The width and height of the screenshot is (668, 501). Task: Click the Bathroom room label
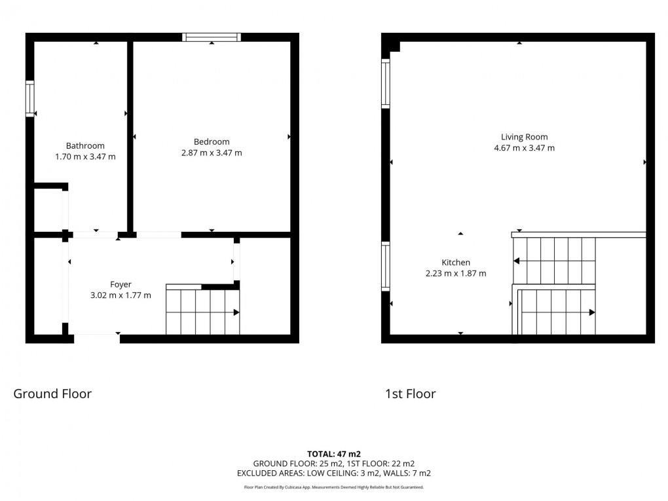pos(85,145)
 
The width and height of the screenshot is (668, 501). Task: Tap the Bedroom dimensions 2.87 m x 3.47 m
pos(212,153)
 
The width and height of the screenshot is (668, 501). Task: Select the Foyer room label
pos(121,284)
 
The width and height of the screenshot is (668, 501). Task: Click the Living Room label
pos(524,137)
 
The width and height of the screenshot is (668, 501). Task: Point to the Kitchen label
pos(455,263)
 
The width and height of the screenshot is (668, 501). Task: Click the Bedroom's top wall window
pos(212,37)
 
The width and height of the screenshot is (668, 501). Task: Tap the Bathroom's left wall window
pos(29,98)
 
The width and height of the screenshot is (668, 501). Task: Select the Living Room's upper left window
pos(386,83)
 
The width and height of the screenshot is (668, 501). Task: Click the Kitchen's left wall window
pos(386,265)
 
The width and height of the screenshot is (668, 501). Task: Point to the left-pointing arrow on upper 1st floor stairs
pos(517,261)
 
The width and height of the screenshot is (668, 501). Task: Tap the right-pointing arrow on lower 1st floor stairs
pos(592,312)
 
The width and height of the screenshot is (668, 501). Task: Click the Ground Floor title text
pos(52,394)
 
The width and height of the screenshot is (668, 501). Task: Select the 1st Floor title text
pos(410,394)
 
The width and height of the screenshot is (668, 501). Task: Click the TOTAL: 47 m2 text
pos(334,453)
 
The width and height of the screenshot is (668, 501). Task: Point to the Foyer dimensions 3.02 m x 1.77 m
pos(121,295)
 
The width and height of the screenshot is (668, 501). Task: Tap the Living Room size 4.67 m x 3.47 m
pos(524,148)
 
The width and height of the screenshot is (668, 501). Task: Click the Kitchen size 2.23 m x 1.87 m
pos(455,274)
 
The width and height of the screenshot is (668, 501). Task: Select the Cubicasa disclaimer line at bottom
pos(334,487)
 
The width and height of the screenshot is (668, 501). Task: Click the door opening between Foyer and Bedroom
pos(159,234)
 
